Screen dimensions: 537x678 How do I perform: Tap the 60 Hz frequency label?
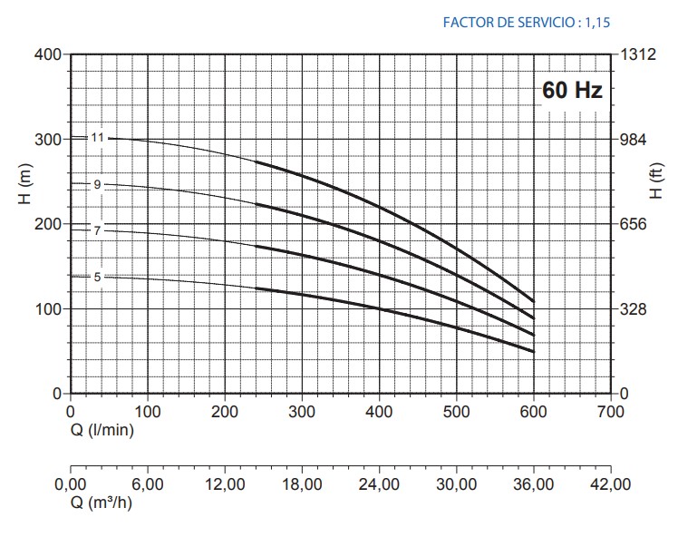pyautogui.click(x=572, y=91)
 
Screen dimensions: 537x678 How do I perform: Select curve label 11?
pyautogui.click(x=99, y=138)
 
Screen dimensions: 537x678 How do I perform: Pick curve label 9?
pyautogui.click(x=97, y=184)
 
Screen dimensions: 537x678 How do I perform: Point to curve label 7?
pyautogui.click(x=97, y=230)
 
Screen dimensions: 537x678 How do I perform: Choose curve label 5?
pyautogui.click(x=97, y=277)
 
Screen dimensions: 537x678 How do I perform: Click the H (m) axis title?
pyautogui.click(x=24, y=187)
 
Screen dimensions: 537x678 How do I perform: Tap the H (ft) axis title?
pyautogui.click(x=656, y=180)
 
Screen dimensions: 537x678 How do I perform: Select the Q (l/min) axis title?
pyautogui.click(x=102, y=429)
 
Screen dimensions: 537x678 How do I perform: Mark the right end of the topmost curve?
pyautogui.click(x=534, y=301)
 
